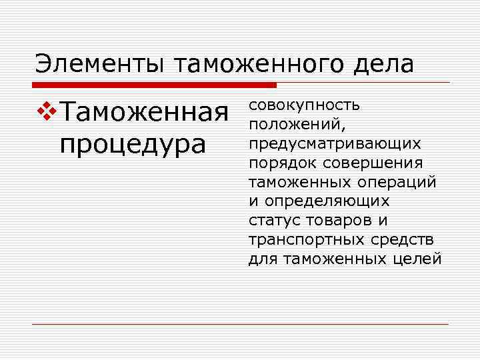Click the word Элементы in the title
(x=100, y=64)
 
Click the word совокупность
(x=305, y=105)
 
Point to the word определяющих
(x=327, y=201)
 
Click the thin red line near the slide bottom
(x=240, y=325)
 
